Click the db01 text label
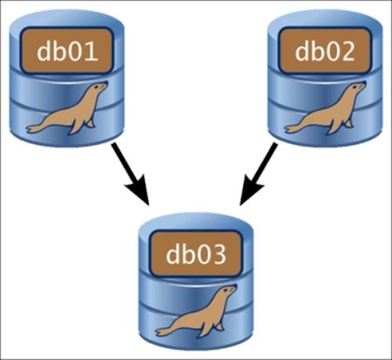[67, 51]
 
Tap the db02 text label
[325, 51]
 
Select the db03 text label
[196, 254]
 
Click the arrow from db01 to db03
[130, 174]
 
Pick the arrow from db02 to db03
[258, 174]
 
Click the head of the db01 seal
[99, 88]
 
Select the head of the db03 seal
[228, 291]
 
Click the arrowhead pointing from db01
[140, 190]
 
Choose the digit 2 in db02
[348, 51]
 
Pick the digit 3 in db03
[219, 254]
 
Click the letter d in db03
[173, 254]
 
